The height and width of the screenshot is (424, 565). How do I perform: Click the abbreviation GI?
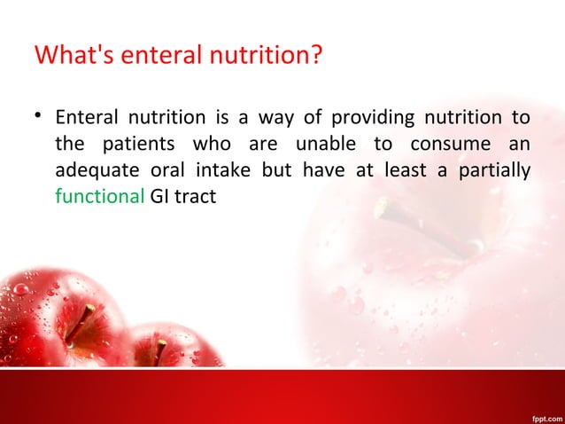point(160,194)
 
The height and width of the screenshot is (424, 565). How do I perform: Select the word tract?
point(197,194)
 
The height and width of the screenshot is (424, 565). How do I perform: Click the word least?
point(403,169)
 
